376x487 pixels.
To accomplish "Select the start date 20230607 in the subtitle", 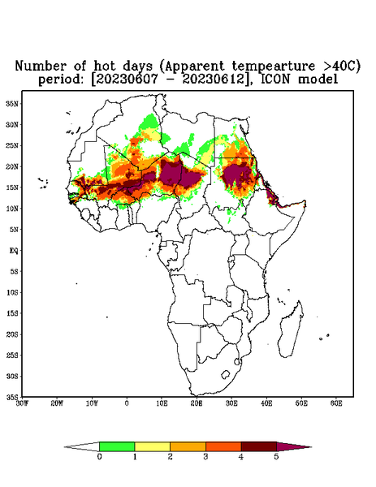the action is tap(127, 80).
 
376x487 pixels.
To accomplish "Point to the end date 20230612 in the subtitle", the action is tap(213, 80).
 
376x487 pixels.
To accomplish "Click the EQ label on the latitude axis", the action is tap(13, 250).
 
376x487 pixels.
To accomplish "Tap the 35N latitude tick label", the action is tap(12, 103).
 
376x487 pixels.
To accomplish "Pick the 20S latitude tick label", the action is tap(12, 334).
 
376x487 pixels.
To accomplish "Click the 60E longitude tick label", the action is tap(336, 403).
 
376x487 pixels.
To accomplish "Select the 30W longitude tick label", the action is tap(22, 403).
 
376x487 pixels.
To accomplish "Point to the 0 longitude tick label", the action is tap(127, 403).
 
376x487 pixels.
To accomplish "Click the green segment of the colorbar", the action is tap(117, 446).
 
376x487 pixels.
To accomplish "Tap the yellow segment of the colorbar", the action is tap(152, 446).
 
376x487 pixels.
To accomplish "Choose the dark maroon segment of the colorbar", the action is tap(259, 446).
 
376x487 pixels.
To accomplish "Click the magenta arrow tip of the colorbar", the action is tap(294, 446).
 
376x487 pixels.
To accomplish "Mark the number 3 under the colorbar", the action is tap(205, 457).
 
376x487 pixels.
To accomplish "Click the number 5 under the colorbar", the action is tap(276, 457).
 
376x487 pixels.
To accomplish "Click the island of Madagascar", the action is tap(291, 331).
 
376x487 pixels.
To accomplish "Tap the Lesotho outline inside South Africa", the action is tap(226, 374).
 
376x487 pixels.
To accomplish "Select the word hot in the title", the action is tap(106, 66).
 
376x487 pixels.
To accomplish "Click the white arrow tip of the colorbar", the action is tap(82, 446).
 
